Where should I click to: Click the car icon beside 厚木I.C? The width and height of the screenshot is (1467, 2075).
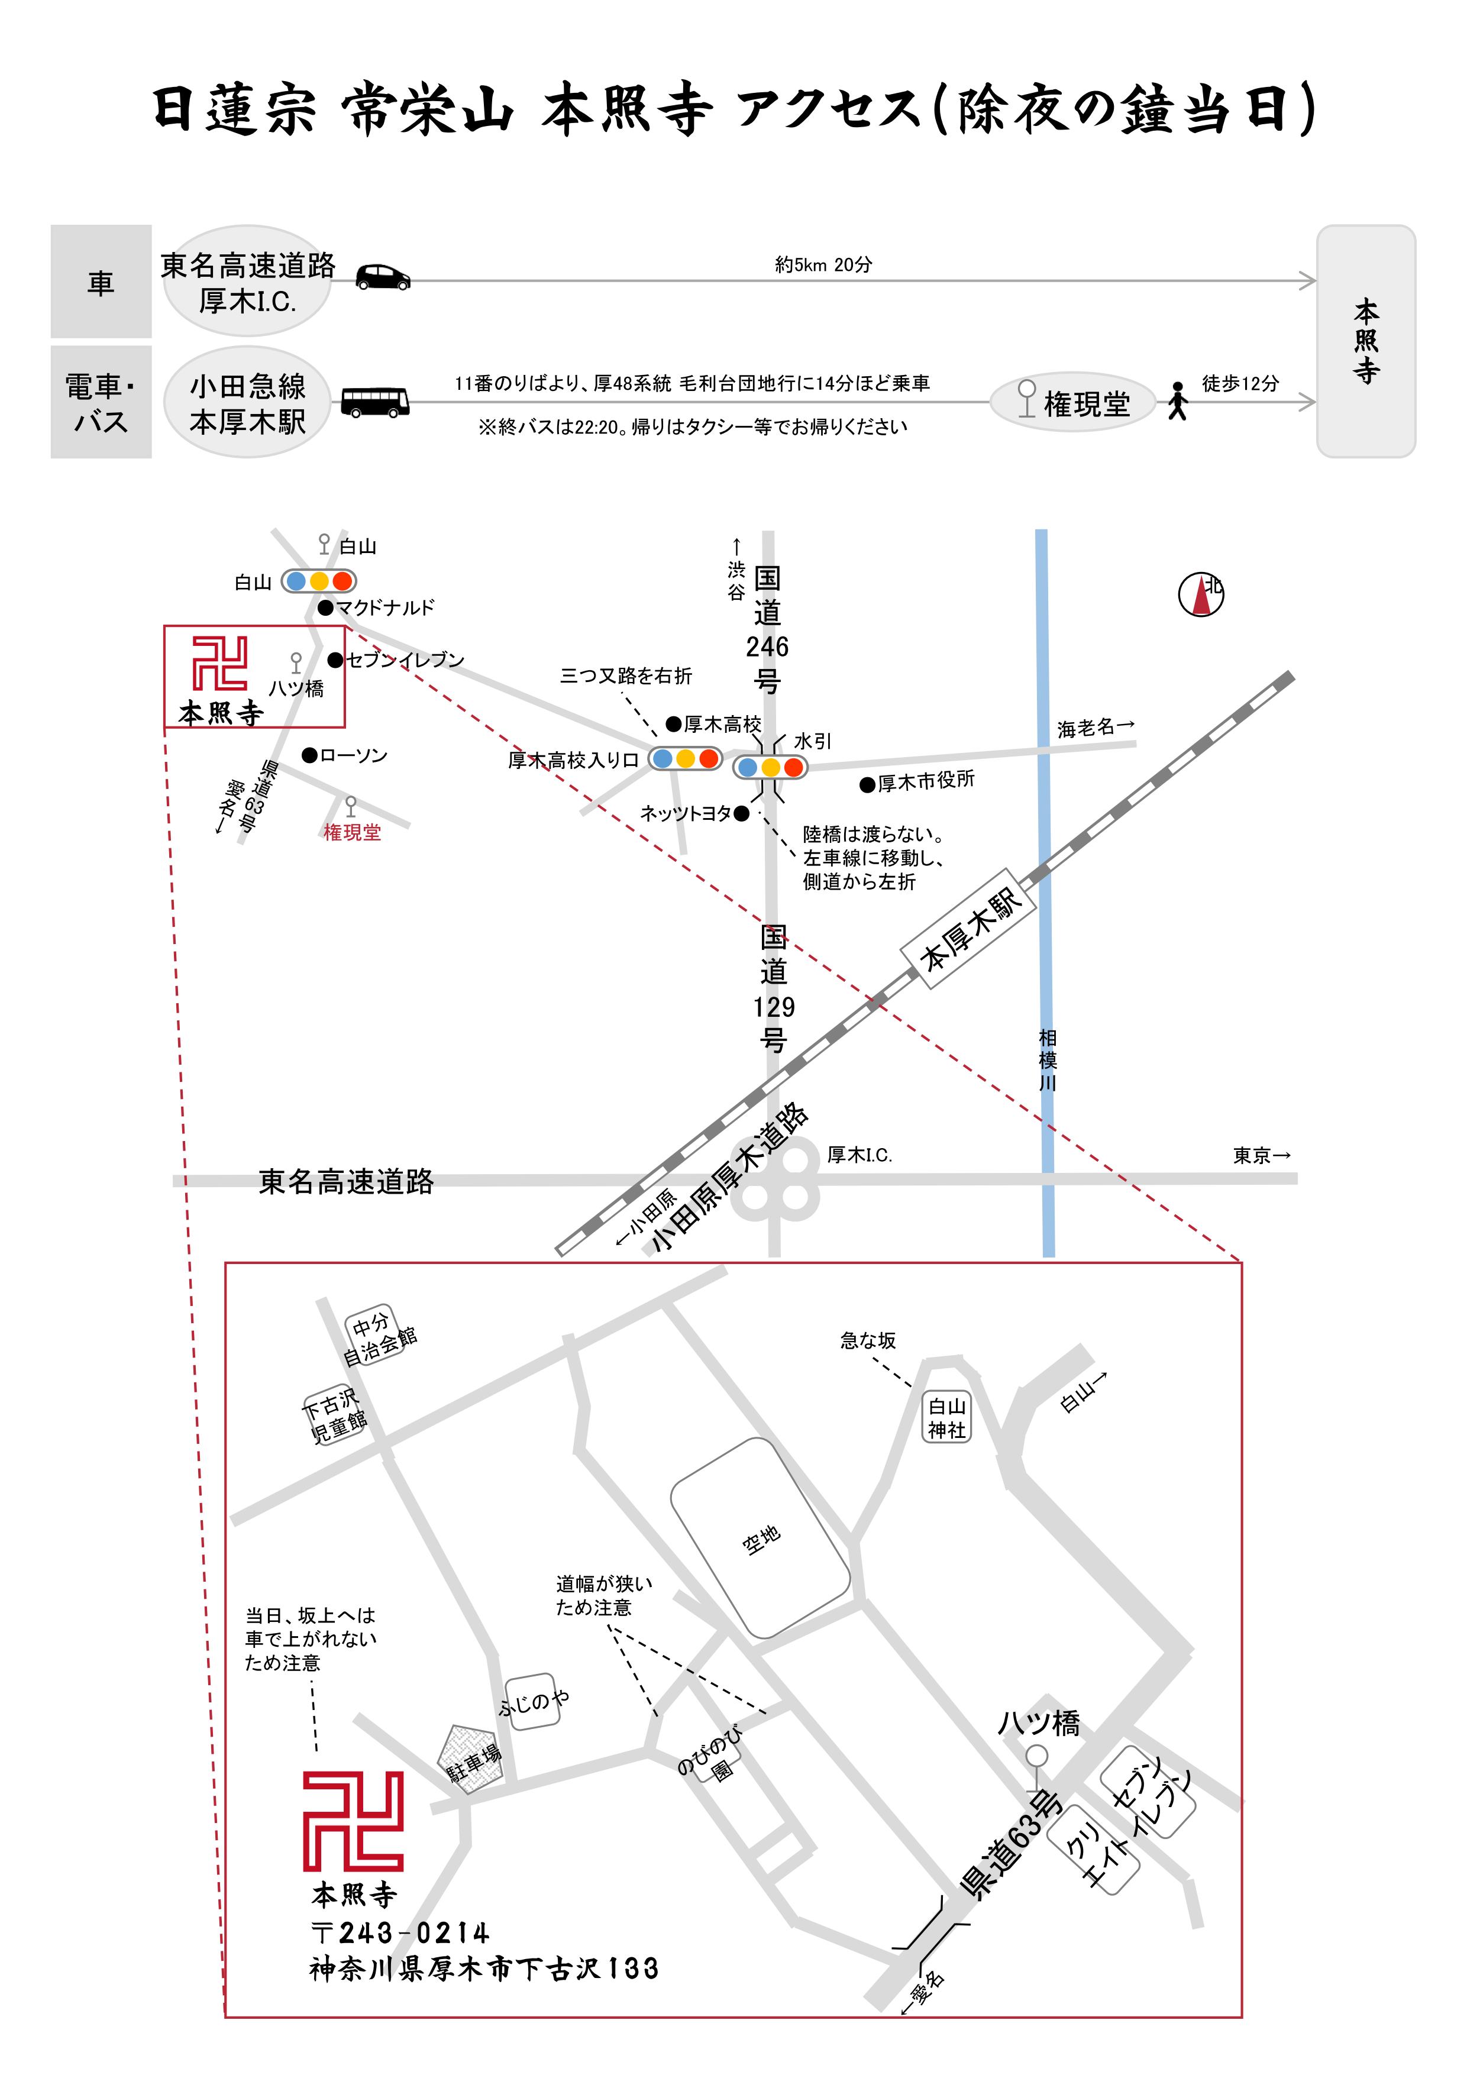[382, 277]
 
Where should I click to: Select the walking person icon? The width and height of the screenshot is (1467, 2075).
[1177, 401]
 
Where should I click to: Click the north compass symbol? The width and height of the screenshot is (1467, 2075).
[1201, 594]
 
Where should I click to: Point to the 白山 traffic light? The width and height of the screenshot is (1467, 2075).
[319, 581]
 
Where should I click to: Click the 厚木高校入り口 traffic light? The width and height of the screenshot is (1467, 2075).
[685, 758]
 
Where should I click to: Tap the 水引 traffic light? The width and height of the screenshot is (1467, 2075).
[770, 767]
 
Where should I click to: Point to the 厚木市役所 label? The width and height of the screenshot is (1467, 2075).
[926, 780]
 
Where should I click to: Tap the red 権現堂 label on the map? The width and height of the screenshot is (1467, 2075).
[353, 832]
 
